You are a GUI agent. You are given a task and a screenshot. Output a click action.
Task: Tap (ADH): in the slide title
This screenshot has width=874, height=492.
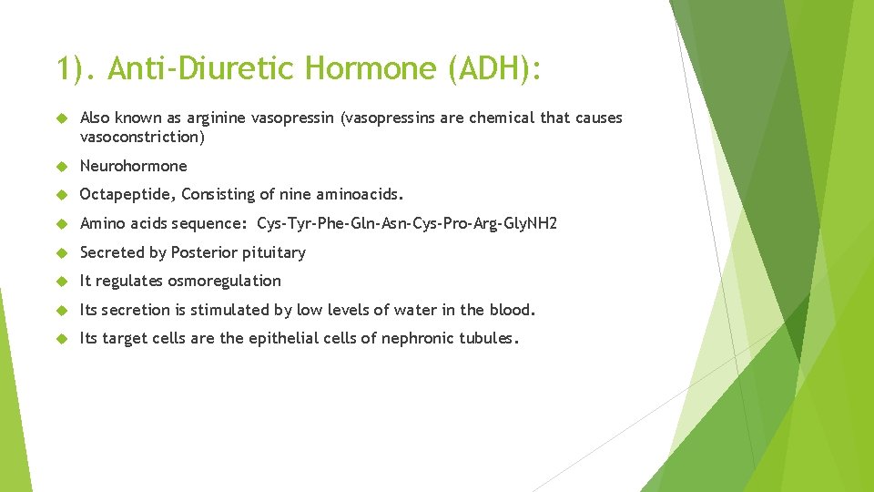[495, 68]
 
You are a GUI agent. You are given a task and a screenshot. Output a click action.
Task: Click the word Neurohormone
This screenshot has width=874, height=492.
[134, 166]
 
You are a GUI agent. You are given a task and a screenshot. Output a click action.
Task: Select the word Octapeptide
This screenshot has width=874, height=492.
[128, 194]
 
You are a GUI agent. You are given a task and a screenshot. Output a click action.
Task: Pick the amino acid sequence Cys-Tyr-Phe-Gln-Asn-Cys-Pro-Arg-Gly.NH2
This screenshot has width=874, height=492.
[407, 223]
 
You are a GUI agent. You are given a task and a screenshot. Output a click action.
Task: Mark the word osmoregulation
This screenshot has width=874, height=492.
[224, 281]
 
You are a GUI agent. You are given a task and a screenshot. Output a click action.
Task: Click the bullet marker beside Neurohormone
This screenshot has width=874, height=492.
[61, 167]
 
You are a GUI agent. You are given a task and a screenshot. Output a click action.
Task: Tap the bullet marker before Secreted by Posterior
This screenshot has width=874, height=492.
[61, 252]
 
